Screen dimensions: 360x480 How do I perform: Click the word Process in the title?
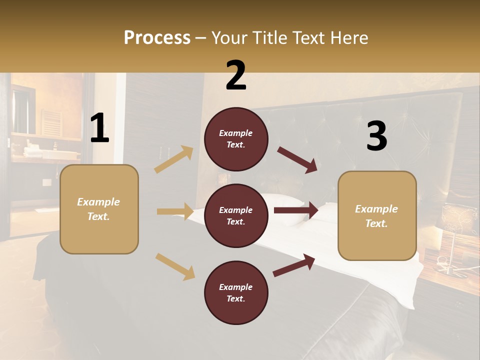pos(157,37)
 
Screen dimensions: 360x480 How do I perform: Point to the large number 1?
pos(99,128)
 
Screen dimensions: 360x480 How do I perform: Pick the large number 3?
pos(376,136)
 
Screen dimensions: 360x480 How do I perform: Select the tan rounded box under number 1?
pos(99,209)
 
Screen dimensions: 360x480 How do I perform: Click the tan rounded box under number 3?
pos(377,215)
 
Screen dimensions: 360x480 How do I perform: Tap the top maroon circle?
pos(236,139)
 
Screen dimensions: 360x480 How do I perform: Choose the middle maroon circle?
pos(236,215)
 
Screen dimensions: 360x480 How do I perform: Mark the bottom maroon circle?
pos(236,292)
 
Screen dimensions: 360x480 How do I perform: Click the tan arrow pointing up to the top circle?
pos(174,159)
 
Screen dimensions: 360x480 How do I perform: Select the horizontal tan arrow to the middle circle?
pos(175,211)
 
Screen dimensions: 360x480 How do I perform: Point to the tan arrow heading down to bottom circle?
pos(175,266)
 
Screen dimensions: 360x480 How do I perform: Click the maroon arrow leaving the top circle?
pos(297,160)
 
